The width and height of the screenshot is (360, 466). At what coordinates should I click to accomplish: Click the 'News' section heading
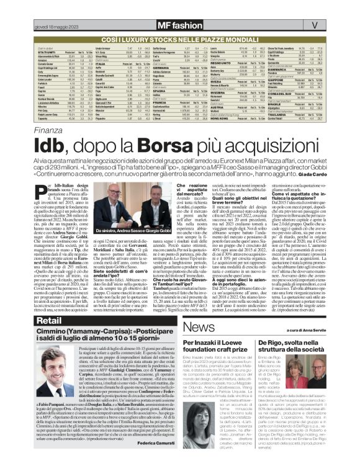(197, 326)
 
